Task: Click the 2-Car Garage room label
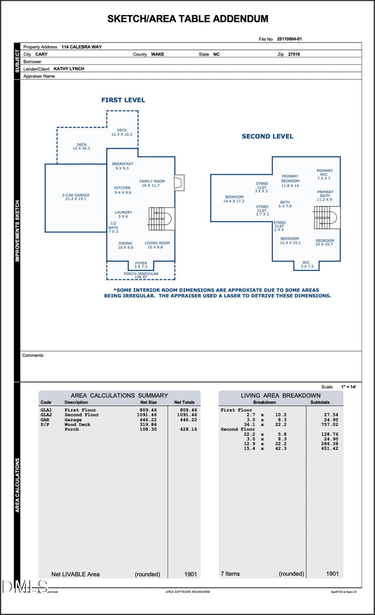point(76,197)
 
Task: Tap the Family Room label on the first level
point(152,183)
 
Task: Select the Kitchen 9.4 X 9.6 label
point(122,190)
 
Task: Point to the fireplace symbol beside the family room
point(179,183)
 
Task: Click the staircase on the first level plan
point(160,219)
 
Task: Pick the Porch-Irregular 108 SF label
point(141,275)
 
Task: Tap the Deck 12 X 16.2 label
point(81,146)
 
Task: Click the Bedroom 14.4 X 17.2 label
point(234,199)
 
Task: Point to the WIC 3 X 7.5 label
point(307,264)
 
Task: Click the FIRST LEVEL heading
point(123,100)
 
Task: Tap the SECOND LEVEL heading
point(267,136)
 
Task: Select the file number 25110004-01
point(289,39)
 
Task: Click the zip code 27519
point(294,54)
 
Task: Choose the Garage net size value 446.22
point(148,420)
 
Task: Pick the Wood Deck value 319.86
point(148,424)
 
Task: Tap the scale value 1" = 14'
point(348,387)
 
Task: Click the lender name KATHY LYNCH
point(69,69)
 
